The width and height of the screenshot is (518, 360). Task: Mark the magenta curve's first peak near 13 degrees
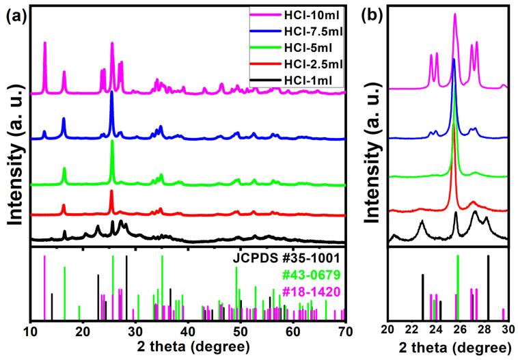pos(45,43)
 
